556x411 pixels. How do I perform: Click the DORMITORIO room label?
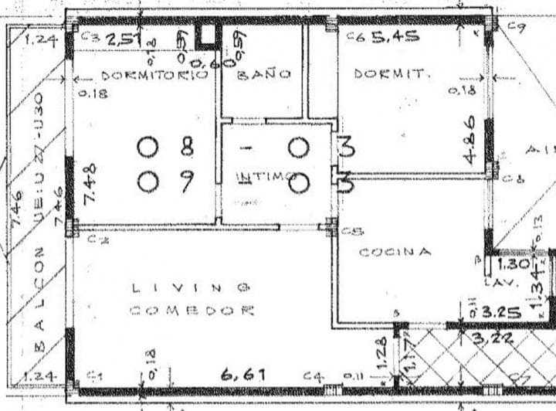pos(154,76)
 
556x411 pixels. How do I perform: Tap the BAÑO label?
pos(263,74)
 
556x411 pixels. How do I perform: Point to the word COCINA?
pos(394,252)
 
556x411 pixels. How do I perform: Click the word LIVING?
pos(190,287)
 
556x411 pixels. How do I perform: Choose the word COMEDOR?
pos(192,311)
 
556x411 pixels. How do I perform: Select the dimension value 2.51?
pos(121,39)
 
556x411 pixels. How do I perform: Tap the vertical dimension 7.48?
pos(90,183)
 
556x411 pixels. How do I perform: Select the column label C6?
pos(354,36)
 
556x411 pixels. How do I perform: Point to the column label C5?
pos(352,230)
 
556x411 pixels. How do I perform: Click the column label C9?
pos(517,29)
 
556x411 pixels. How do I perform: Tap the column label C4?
pos(312,376)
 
